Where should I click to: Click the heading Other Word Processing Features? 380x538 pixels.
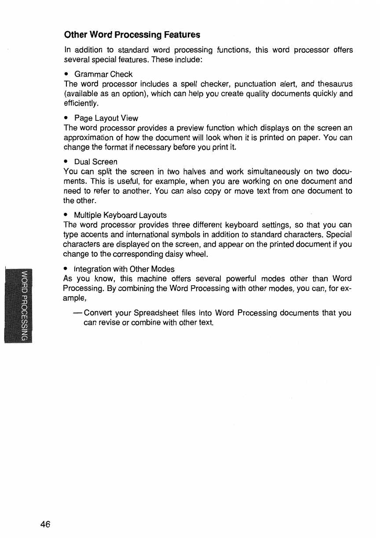click(x=132, y=35)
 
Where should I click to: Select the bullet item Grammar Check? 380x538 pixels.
click(x=103, y=74)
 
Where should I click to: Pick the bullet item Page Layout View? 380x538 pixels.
click(x=106, y=118)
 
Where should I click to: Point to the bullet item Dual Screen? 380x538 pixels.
click(x=95, y=162)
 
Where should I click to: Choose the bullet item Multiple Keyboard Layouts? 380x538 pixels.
click(x=120, y=215)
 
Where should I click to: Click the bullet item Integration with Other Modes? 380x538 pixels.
click(x=124, y=269)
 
